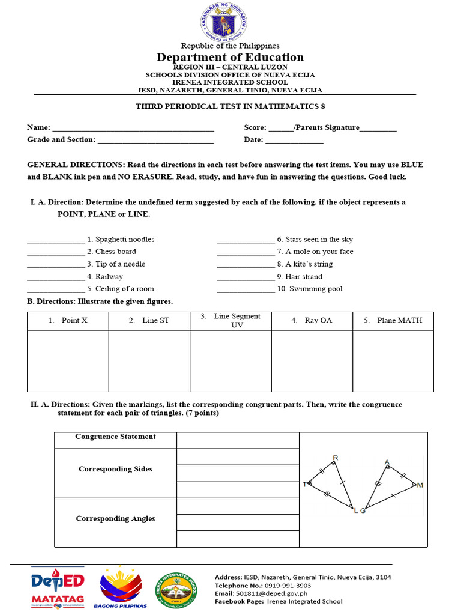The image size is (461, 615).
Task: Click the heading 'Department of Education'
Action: click(x=230, y=57)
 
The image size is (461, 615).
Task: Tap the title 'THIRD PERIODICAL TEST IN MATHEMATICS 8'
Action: click(x=230, y=106)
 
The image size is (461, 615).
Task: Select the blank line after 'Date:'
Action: click(x=294, y=141)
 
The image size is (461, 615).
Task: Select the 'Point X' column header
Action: click(x=68, y=321)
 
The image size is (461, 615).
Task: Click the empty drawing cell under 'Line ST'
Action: click(x=149, y=360)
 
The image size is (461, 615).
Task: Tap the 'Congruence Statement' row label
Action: click(x=115, y=437)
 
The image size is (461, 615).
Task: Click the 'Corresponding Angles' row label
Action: click(x=115, y=518)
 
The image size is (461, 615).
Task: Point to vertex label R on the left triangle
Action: click(x=336, y=458)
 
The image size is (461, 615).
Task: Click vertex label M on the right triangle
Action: click(x=420, y=485)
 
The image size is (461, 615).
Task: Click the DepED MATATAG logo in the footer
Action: click(x=58, y=587)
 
